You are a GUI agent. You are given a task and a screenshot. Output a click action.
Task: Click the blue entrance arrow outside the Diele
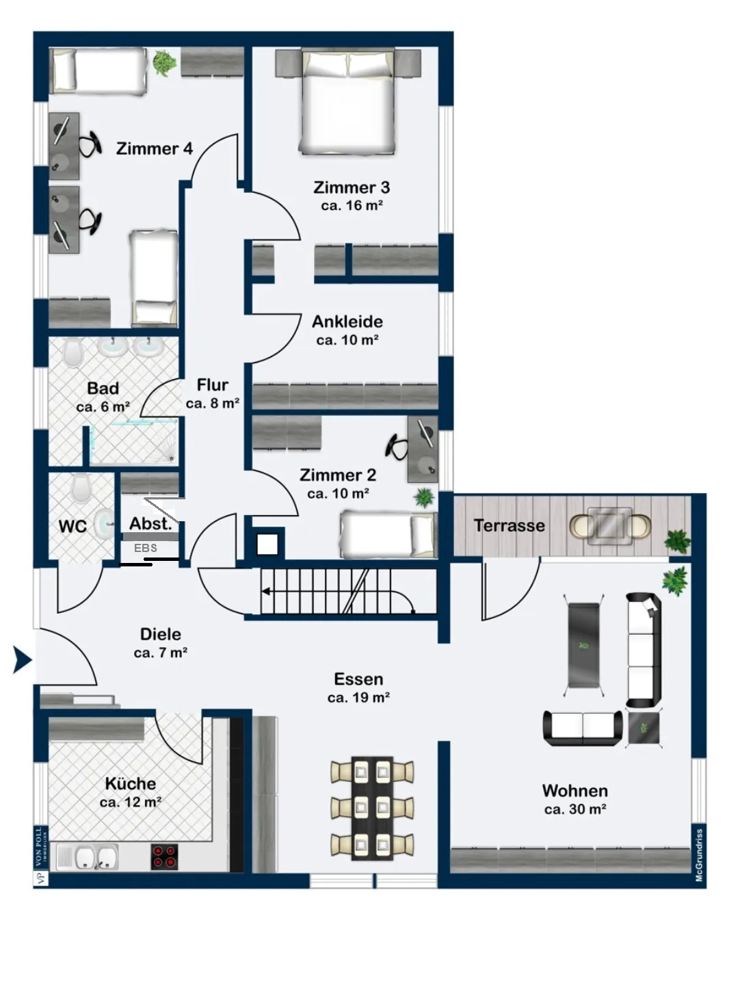pos(22,659)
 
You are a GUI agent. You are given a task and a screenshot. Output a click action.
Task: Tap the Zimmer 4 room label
pos(155,148)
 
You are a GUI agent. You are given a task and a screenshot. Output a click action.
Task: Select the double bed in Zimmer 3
pos(347,102)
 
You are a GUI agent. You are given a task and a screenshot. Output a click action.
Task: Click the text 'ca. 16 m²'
pos(352,205)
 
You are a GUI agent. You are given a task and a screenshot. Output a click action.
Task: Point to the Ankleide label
pos(347,321)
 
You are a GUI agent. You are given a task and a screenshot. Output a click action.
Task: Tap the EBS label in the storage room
pos(146,548)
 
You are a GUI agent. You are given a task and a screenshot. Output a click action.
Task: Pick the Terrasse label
pos(509,525)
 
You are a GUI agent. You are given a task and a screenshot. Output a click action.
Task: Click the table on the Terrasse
pos(609,525)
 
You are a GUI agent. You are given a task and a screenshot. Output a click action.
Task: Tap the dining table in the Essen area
pos(372,808)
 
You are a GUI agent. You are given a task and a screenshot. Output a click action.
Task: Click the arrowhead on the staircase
pos(266,592)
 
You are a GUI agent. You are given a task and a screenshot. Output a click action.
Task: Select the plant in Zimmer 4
pos(164,62)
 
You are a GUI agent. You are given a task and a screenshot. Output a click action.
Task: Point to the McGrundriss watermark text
pos(699,855)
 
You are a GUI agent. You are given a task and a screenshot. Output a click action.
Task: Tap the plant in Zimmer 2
pos(424,498)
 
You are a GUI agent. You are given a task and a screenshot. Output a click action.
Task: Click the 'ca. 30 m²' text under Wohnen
pos(575,809)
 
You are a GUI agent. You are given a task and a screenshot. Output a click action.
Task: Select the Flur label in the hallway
pos(212,385)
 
